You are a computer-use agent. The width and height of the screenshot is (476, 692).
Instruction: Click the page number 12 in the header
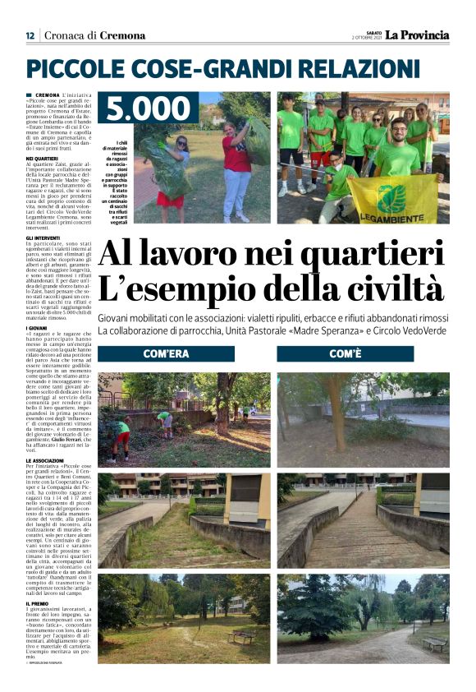[30, 35]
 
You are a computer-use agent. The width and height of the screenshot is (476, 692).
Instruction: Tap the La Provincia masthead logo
[418, 35]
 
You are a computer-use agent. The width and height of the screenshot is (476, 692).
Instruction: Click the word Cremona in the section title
[122, 35]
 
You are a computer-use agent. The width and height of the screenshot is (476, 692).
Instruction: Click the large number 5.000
[148, 109]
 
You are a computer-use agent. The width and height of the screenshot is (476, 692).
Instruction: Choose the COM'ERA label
[166, 353]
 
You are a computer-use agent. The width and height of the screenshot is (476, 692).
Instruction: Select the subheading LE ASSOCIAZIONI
[45, 459]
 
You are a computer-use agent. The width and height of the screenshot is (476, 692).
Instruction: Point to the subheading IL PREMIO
[37, 603]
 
